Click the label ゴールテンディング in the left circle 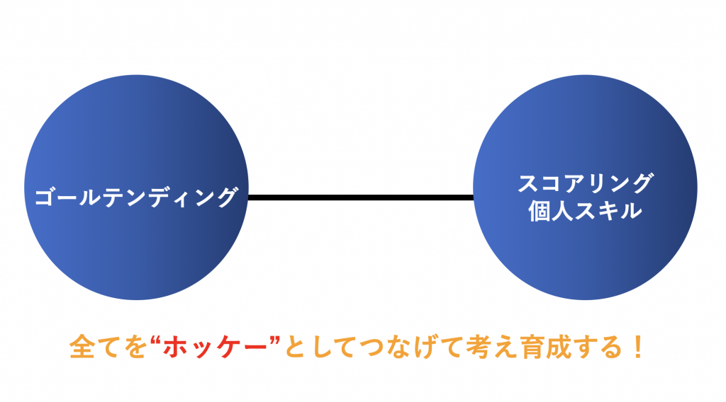136,197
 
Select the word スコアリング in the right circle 585,183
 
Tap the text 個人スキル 585,211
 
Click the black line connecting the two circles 361,197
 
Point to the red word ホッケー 216,347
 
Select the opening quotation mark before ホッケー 155,340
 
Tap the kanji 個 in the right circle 540,211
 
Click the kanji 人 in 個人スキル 562,211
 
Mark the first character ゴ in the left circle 45,197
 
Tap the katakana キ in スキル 608,211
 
